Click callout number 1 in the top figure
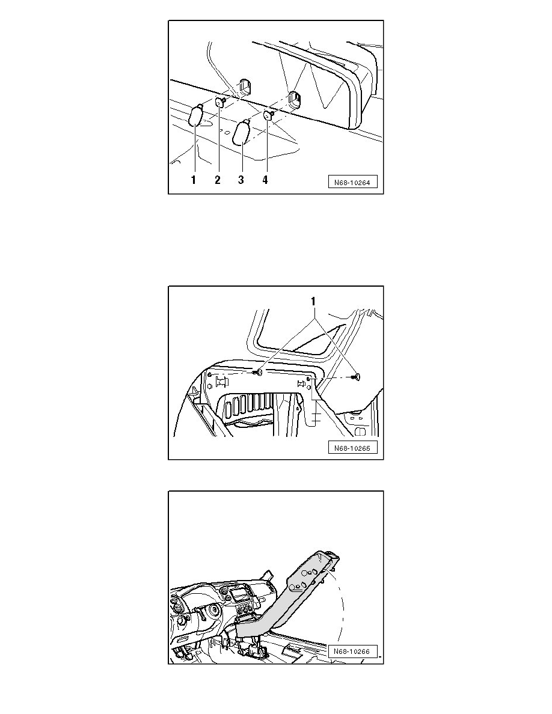point(194,180)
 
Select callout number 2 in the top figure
point(217,180)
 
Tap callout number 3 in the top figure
point(241,180)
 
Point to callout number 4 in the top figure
point(265,180)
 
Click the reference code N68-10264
point(353,182)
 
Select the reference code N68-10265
point(353,448)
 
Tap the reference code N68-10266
point(353,651)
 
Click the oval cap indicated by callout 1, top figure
point(197,115)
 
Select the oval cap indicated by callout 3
point(242,132)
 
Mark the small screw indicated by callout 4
point(269,115)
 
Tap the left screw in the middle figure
point(257,373)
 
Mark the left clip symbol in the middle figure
point(221,382)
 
